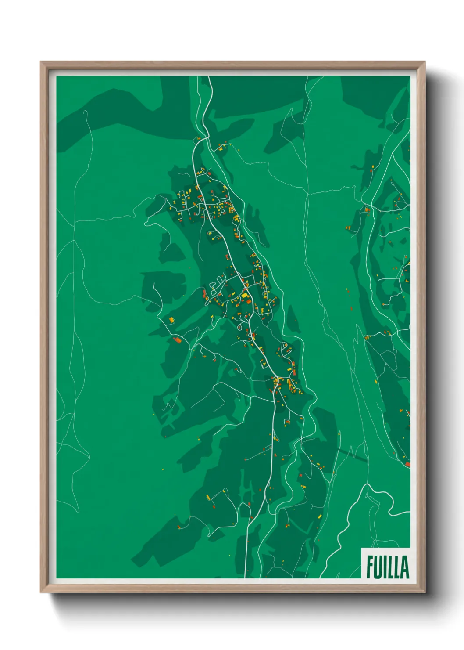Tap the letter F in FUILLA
[x=370, y=567]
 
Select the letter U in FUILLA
[x=378, y=567]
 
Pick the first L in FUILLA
[x=391, y=567]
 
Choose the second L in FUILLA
[x=397, y=567]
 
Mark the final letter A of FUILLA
[x=405, y=567]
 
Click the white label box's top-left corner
[x=362, y=548]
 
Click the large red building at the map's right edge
[x=407, y=464]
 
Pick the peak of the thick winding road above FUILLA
[x=365, y=485]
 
